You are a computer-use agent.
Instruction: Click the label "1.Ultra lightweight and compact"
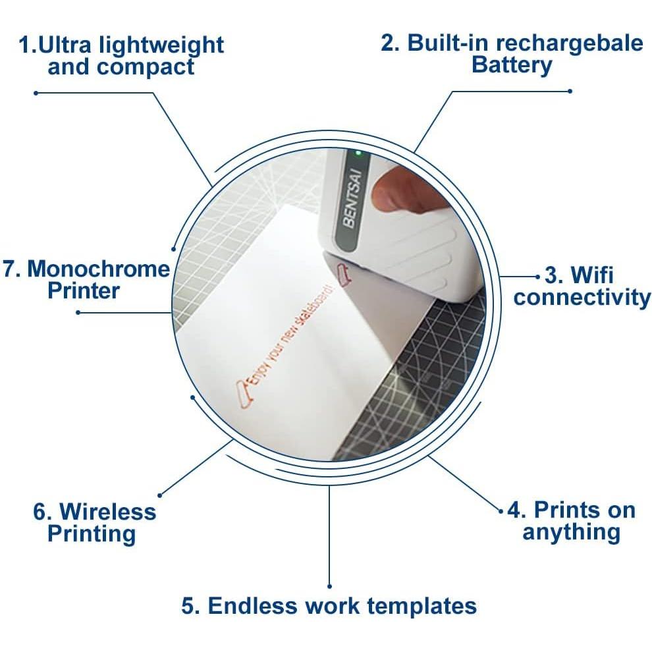pos(121,56)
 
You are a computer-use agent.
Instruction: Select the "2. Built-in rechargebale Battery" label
pos(512,54)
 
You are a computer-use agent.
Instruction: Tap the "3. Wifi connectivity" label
pos(582,285)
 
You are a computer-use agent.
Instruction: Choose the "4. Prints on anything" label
pos(571,520)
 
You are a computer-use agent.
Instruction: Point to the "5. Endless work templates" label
pos(329,606)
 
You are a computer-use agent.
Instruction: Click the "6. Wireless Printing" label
pos(94,522)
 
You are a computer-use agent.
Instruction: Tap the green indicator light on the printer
pos(358,153)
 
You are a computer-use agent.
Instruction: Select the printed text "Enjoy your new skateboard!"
pos(290,336)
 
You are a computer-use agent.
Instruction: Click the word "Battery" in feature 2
pos(512,65)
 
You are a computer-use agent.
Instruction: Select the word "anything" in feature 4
pos(571,531)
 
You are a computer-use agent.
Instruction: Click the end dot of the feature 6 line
pos(160,495)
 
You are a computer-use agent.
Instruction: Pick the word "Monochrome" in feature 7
pos(98,269)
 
